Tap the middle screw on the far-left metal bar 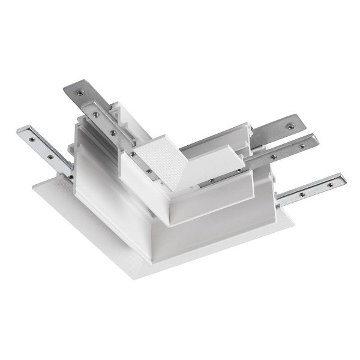(50, 157)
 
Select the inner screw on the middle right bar (273, 157)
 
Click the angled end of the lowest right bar (341, 178)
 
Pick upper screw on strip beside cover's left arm (112, 131)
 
